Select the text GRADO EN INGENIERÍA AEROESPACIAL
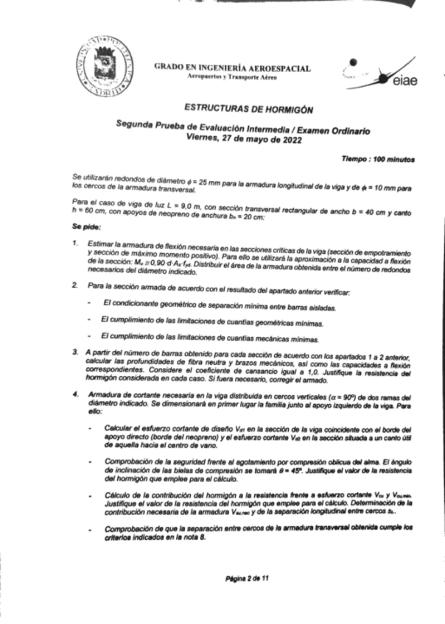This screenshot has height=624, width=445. pos(232,68)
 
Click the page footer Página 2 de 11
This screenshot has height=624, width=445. pos(248,578)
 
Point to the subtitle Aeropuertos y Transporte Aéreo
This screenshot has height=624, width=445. pos(232,77)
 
